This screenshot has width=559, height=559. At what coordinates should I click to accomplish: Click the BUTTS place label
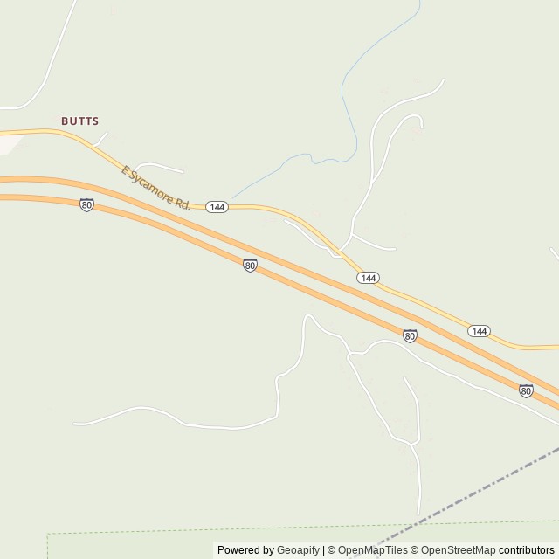(x=79, y=121)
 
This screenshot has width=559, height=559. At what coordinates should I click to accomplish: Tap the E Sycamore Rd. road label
(x=155, y=187)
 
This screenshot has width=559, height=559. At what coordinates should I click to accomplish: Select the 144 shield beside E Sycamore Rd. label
(x=217, y=207)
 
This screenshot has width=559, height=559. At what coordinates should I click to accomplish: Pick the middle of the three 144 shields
(x=368, y=277)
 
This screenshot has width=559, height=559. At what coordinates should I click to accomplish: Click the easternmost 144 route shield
(x=479, y=331)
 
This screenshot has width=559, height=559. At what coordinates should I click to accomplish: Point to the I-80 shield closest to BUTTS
(x=86, y=204)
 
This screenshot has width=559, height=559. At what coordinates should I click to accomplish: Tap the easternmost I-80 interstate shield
(x=526, y=390)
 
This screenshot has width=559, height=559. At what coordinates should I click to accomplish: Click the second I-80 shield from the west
(x=250, y=265)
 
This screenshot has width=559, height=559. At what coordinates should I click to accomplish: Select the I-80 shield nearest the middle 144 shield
(x=410, y=335)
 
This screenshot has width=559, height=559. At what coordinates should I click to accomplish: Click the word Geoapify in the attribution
(x=298, y=550)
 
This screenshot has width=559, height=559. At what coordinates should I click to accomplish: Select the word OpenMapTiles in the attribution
(x=373, y=550)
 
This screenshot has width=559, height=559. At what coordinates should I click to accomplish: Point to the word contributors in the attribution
(x=527, y=550)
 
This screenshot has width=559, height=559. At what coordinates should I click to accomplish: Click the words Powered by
(x=245, y=550)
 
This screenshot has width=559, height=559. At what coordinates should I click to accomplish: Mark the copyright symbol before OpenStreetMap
(x=416, y=550)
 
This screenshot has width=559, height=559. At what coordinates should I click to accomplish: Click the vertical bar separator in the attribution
(x=324, y=550)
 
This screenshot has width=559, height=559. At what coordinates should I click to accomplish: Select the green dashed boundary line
(x=218, y=529)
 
